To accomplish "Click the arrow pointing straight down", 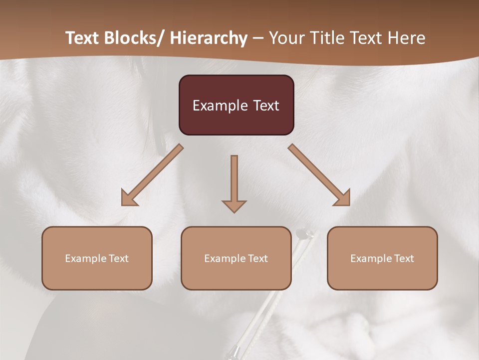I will tap(234, 182).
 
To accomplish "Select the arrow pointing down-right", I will tap(319, 175).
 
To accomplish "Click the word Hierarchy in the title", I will tap(209, 38).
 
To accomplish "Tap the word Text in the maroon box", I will tap(265, 105).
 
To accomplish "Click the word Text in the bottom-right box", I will tap(404, 258).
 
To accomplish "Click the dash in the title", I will tap(258, 38).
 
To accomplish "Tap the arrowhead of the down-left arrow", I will tap(129, 197).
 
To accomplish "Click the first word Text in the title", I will tap(83, 38).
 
